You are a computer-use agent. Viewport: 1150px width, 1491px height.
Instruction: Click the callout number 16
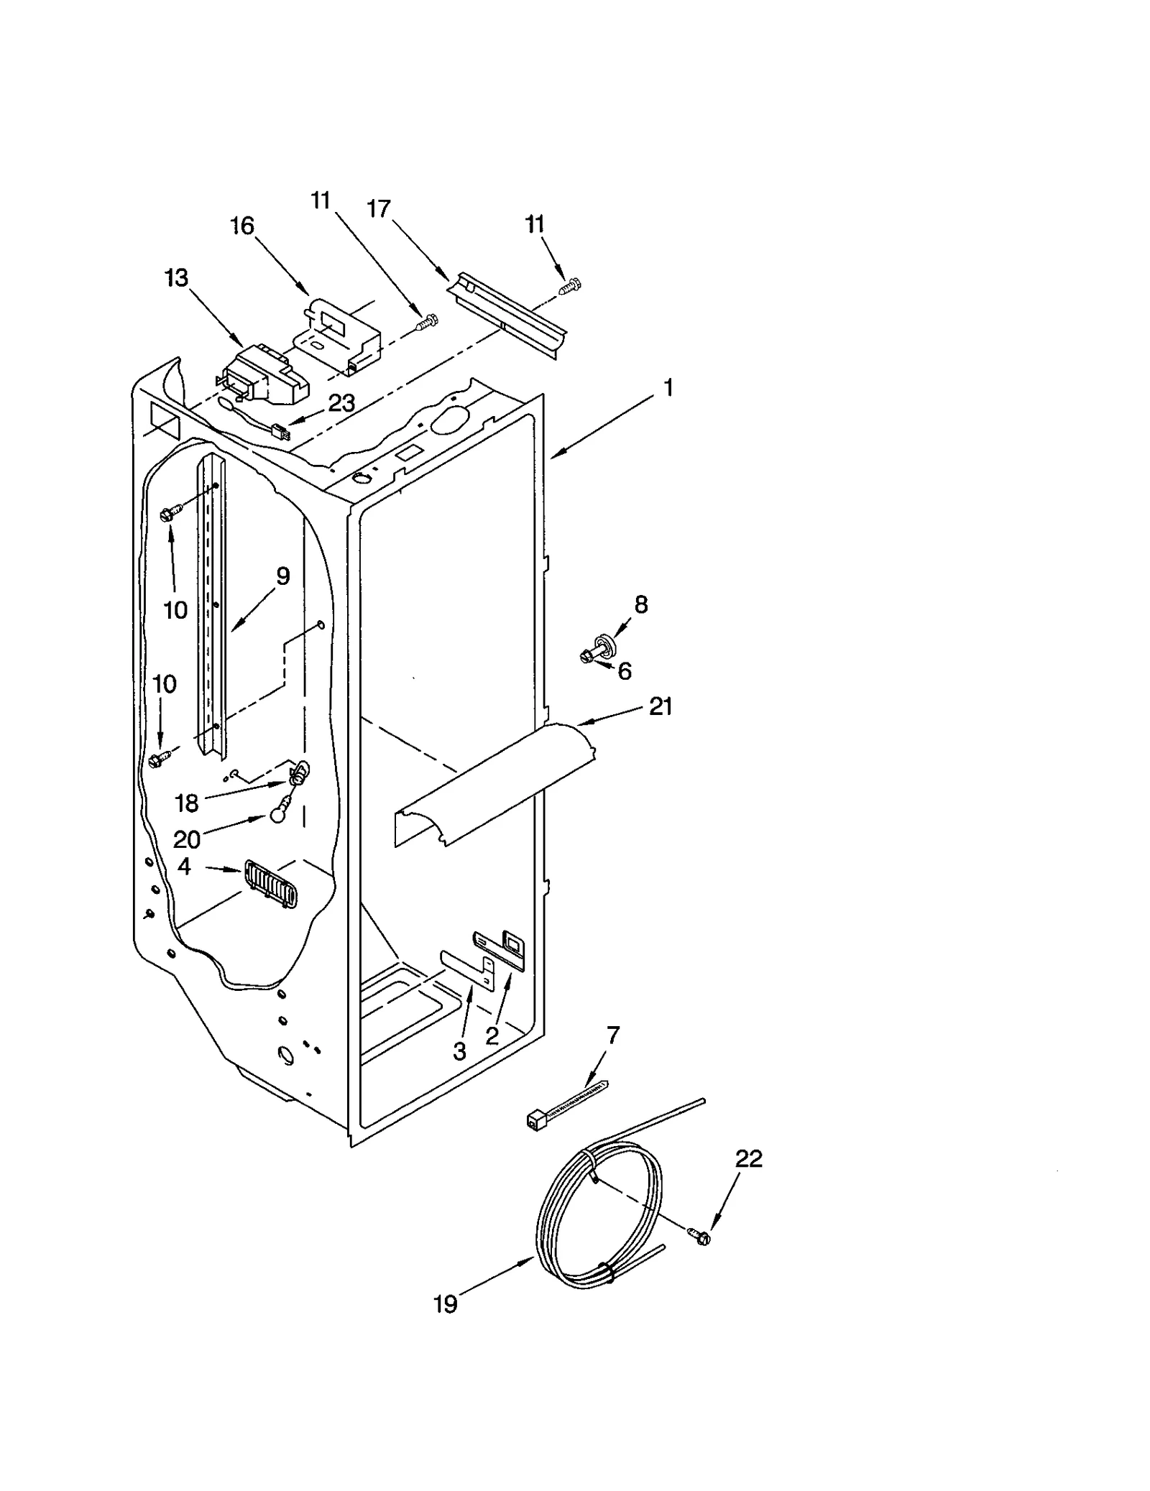(242, 226)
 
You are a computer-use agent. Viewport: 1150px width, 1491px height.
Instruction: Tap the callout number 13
(176, 278)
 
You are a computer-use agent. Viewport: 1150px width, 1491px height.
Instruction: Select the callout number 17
(379, 208)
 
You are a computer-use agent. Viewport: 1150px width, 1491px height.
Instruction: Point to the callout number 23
(341, 403)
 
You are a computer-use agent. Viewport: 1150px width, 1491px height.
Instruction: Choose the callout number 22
(748, 1158)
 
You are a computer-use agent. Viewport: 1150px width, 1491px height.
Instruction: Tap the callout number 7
(612, 1035)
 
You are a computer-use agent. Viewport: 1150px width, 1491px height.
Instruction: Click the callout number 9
(282, 576)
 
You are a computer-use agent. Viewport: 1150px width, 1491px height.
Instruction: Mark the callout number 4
(185, 867)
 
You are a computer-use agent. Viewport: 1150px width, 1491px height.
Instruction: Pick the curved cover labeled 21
(496, 783)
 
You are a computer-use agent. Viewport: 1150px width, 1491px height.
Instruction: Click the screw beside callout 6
(586, 655)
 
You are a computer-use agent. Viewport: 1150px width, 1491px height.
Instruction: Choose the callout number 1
(668, 389)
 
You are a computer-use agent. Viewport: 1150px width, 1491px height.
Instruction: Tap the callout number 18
(186, 803)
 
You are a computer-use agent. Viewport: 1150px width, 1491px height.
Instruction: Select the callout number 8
(640, 604)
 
